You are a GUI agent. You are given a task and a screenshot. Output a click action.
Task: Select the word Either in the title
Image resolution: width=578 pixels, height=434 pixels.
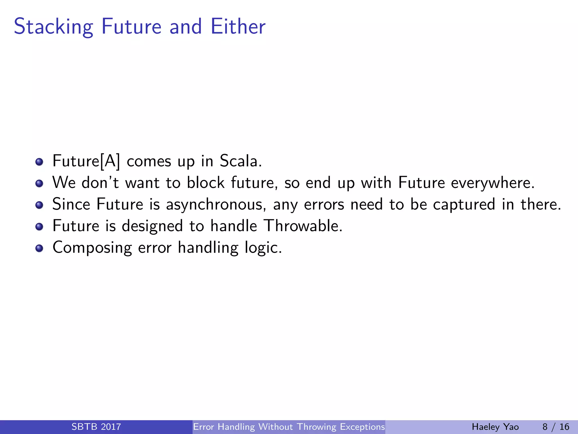coord(238,26)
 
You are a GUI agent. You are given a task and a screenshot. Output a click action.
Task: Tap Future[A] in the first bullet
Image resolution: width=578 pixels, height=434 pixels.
coord(86,161)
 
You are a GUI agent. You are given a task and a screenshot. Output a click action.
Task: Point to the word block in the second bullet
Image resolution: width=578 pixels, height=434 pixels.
coord(205,183)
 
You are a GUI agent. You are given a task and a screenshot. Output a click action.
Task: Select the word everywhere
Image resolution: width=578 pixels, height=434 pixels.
coord(492,183)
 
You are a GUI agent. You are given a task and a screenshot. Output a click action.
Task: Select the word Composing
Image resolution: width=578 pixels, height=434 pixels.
coord(92,248)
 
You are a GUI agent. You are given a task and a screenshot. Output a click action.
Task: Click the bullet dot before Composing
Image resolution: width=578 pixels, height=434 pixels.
coord(39,248)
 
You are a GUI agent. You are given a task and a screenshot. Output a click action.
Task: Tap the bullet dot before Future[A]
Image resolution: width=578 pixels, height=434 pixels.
coord(39,162)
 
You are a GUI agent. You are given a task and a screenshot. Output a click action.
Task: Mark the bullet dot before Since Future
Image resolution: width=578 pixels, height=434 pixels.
coord(39,205)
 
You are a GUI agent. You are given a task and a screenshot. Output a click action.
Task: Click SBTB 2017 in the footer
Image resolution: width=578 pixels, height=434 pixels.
coord(96,427)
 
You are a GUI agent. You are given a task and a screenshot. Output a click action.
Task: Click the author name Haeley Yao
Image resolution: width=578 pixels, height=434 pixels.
coord(495,427)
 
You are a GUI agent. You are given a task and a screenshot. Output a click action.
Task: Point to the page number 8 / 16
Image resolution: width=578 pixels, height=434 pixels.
coord(556,427)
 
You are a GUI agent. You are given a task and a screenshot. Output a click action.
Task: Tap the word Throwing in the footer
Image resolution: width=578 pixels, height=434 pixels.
coord(317,427)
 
